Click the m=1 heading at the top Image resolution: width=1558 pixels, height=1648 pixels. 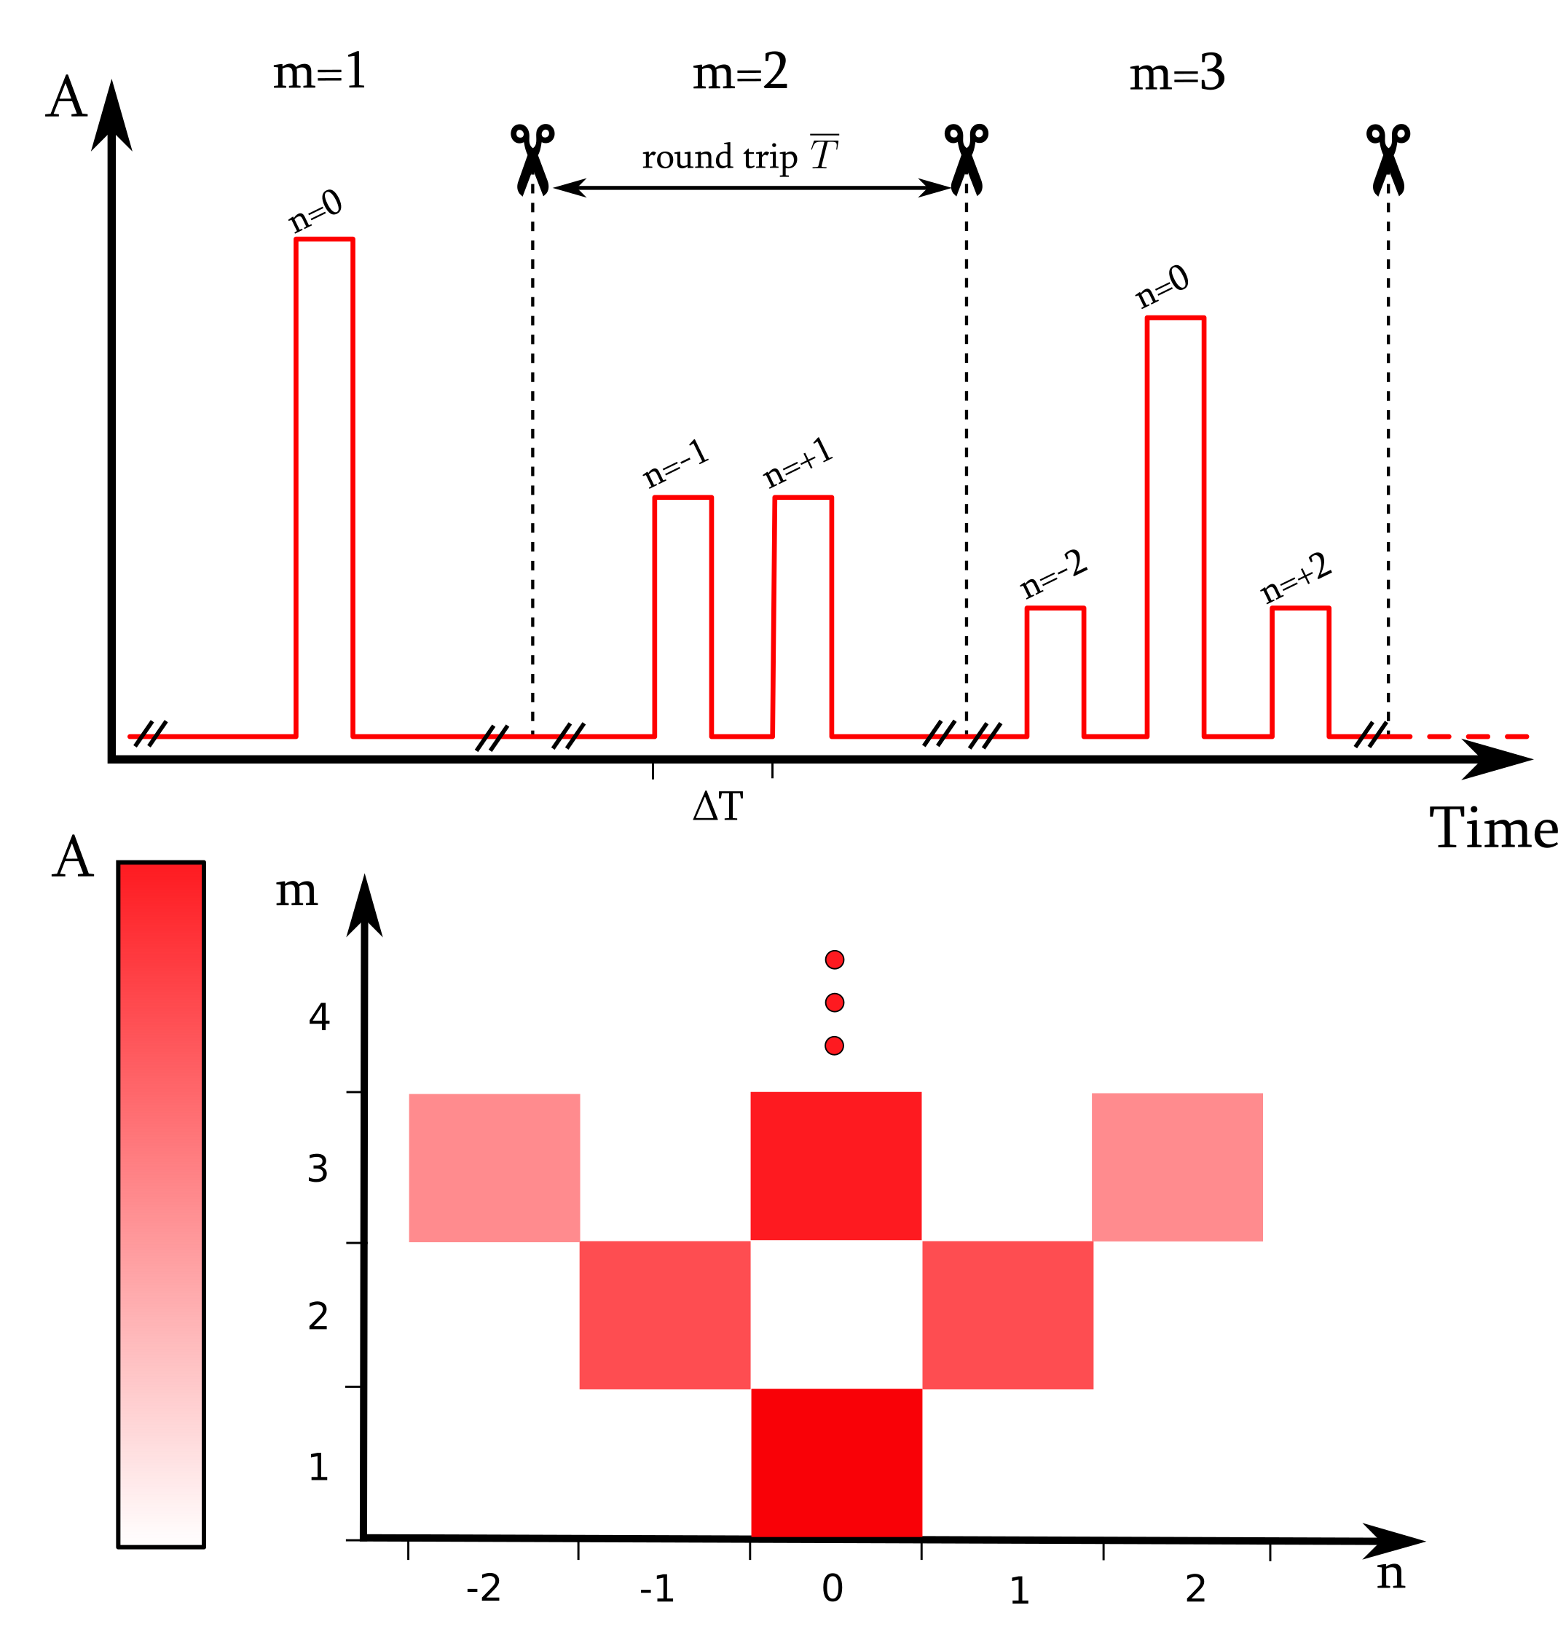(319, 72)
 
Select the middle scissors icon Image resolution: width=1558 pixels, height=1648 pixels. (966, 158)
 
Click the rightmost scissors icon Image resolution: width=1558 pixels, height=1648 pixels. (1388, 158)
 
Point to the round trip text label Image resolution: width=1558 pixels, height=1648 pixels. (719, 157)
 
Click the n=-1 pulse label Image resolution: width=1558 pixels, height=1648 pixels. (676, 464)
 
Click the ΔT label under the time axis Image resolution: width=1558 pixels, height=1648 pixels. (717, 807)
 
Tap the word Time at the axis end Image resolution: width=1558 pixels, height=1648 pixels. (1491, 829)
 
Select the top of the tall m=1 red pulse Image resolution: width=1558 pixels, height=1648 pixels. (324, 240)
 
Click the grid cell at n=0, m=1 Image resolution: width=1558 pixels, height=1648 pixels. (836, 1463)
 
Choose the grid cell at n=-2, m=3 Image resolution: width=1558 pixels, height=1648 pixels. (494, 1167)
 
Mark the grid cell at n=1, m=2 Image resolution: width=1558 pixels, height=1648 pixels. (1007, 1315)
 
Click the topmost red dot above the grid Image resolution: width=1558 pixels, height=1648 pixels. (835, 960)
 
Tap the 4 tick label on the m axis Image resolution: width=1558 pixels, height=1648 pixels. (319, 1018)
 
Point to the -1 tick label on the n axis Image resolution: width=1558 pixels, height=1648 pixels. (656, 1589)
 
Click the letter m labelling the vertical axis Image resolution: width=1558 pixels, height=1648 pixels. (296, 891)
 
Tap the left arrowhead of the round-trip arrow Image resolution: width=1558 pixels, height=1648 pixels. (569, 188)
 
